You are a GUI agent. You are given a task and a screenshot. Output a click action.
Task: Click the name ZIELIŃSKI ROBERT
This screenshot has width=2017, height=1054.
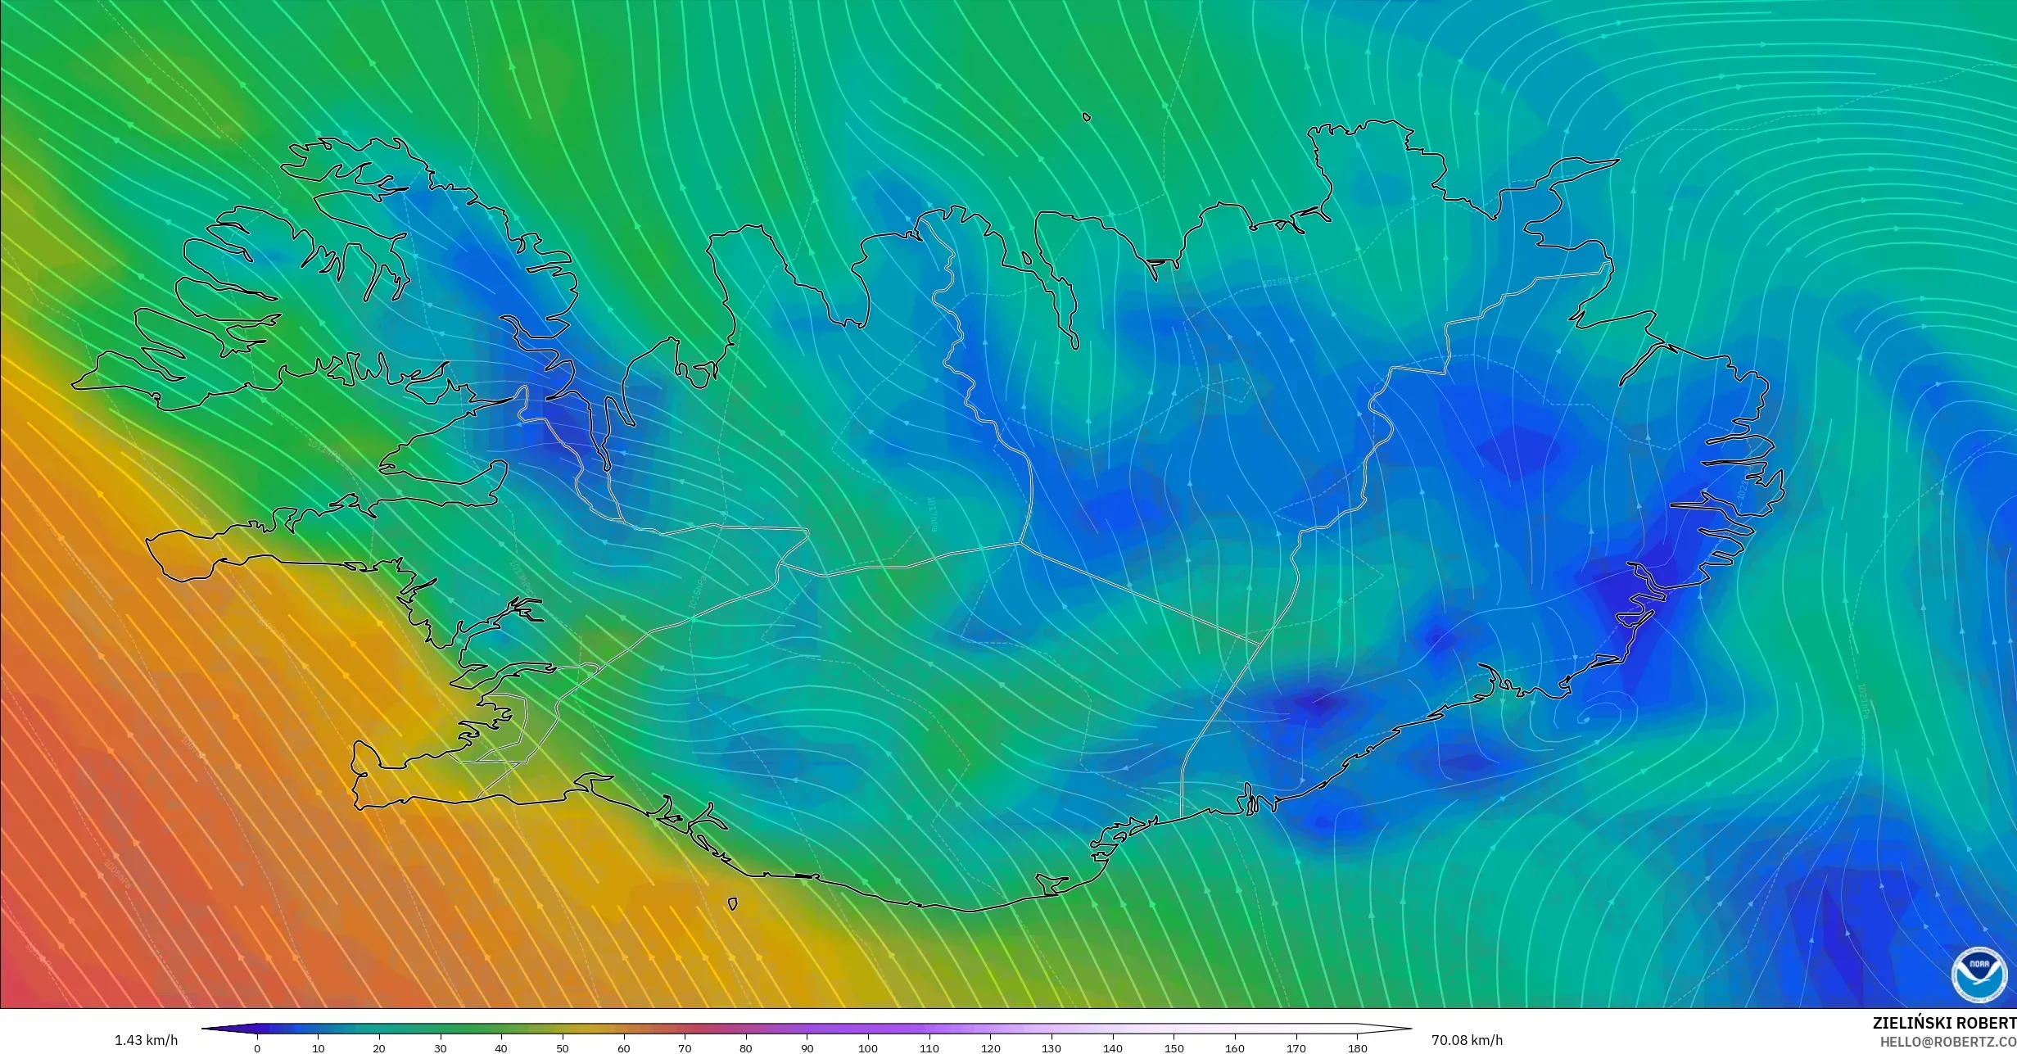pyautogui.click(x=1944, y=1023)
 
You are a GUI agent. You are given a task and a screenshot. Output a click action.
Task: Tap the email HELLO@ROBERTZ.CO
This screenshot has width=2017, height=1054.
pyautogui.click(x=1947, y=1041)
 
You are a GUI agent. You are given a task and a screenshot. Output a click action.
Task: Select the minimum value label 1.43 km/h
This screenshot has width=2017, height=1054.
pyautogui.click(x=146, y=1040)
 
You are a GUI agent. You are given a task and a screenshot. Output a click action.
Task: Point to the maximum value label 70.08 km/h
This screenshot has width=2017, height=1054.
pyautogui.click(x=1467, y=1040)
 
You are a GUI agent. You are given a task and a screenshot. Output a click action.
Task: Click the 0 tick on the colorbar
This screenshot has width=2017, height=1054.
pyautogui.click(x=257, y=1047)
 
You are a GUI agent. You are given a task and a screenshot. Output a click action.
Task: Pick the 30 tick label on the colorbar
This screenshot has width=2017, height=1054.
pyautogui.click(x=441, y=1047)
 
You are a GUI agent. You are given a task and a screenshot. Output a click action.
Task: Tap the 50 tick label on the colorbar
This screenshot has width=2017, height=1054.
pyautogui.click(x=563, y=1047)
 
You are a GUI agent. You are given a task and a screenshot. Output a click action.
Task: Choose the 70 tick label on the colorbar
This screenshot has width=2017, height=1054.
pyautogui.click(x=685, y=1047)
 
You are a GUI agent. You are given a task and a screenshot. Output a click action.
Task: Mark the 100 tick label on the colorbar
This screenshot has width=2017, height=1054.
pyautogui.click(x=868, y=1047)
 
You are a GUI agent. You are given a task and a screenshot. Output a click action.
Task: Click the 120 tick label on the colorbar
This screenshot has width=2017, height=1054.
pyautogui.click(x=991, y=1047)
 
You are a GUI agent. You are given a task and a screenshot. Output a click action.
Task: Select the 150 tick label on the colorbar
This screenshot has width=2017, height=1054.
pyautogui.click(x=1174, y=1047)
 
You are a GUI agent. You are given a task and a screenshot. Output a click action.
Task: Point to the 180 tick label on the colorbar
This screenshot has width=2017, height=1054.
pyautogui.click(x=1358, y=1047)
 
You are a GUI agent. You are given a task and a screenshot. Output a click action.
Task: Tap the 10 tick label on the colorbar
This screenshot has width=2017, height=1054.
pyautogui.click(x=318, y=1047)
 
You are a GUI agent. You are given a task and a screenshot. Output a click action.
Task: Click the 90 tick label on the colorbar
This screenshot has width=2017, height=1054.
pyautogui.click(x=807, y=1047)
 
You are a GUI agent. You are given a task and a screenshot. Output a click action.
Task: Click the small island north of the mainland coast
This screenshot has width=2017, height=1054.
pyautogui.click(x=1087, y=117)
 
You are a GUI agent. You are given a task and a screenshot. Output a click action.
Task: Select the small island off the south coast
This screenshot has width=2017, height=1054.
pyautogui.click(x=732, y=904)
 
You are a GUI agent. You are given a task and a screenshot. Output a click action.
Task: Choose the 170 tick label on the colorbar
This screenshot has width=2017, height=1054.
pyautogui.click(x=1296, y=1047)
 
